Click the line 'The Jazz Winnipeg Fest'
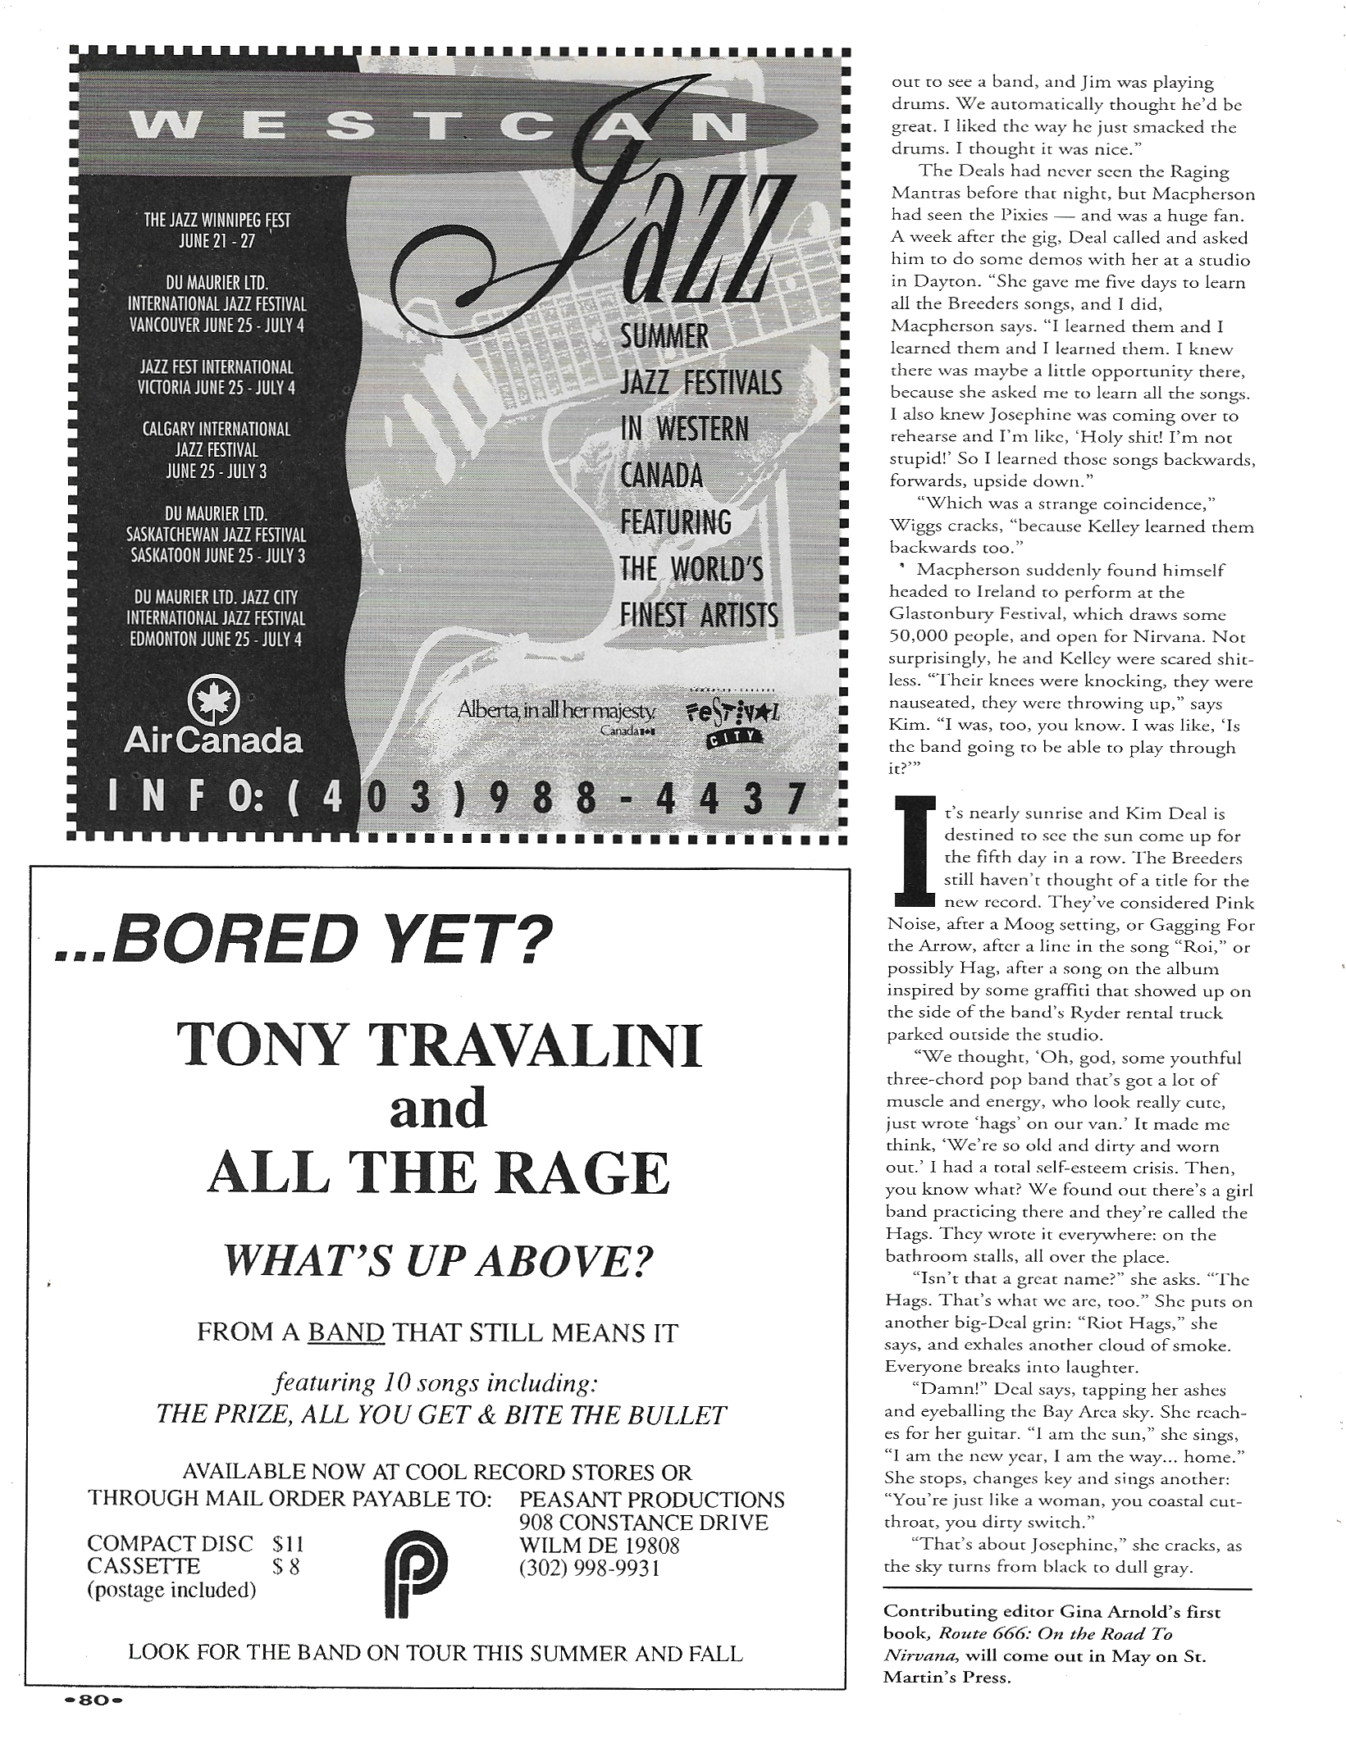point(217,221)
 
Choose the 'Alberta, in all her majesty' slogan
point(558,711)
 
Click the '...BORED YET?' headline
point(299,942)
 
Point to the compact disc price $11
point(288,1544)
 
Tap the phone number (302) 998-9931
point(589,1568)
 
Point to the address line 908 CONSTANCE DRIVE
point(643,1523)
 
